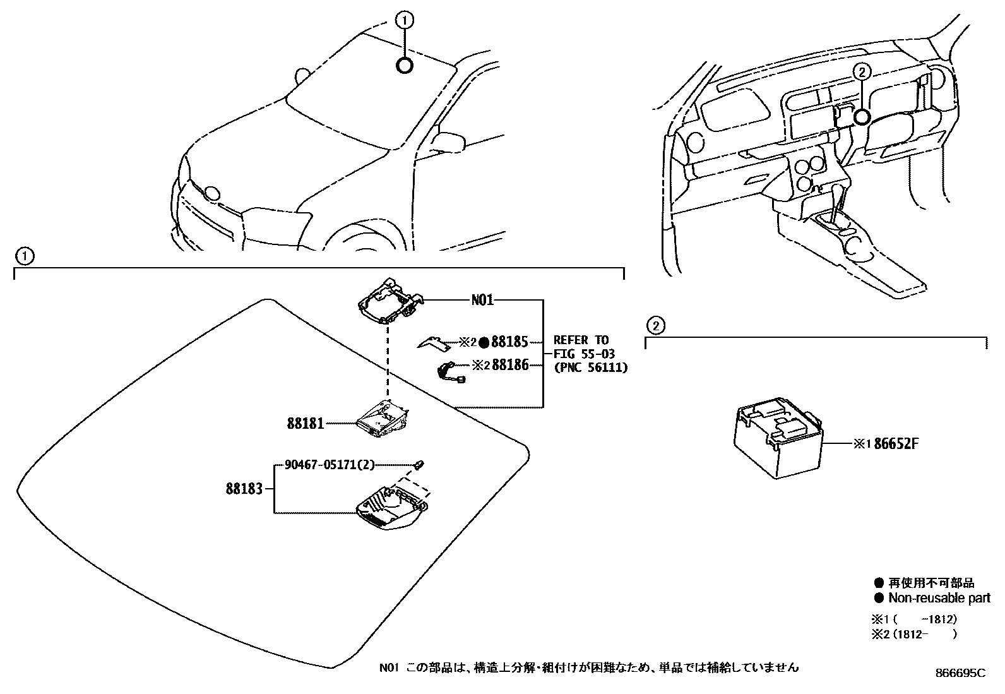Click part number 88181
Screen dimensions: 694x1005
(307, 424)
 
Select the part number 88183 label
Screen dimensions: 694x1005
(244, 489)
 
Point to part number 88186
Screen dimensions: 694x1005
(510, 364)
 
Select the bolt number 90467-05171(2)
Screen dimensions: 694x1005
(330, 465)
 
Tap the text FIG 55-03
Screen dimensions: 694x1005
(584, 354)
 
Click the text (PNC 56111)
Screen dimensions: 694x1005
(590, 368)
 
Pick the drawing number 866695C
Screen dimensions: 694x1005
(960, 673)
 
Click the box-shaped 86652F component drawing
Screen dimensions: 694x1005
(776, 442)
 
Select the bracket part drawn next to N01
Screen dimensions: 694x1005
(388, 301)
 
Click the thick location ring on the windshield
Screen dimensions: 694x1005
(405, 65)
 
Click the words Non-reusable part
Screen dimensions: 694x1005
(939, 597)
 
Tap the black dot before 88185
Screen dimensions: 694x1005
(484, 343)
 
